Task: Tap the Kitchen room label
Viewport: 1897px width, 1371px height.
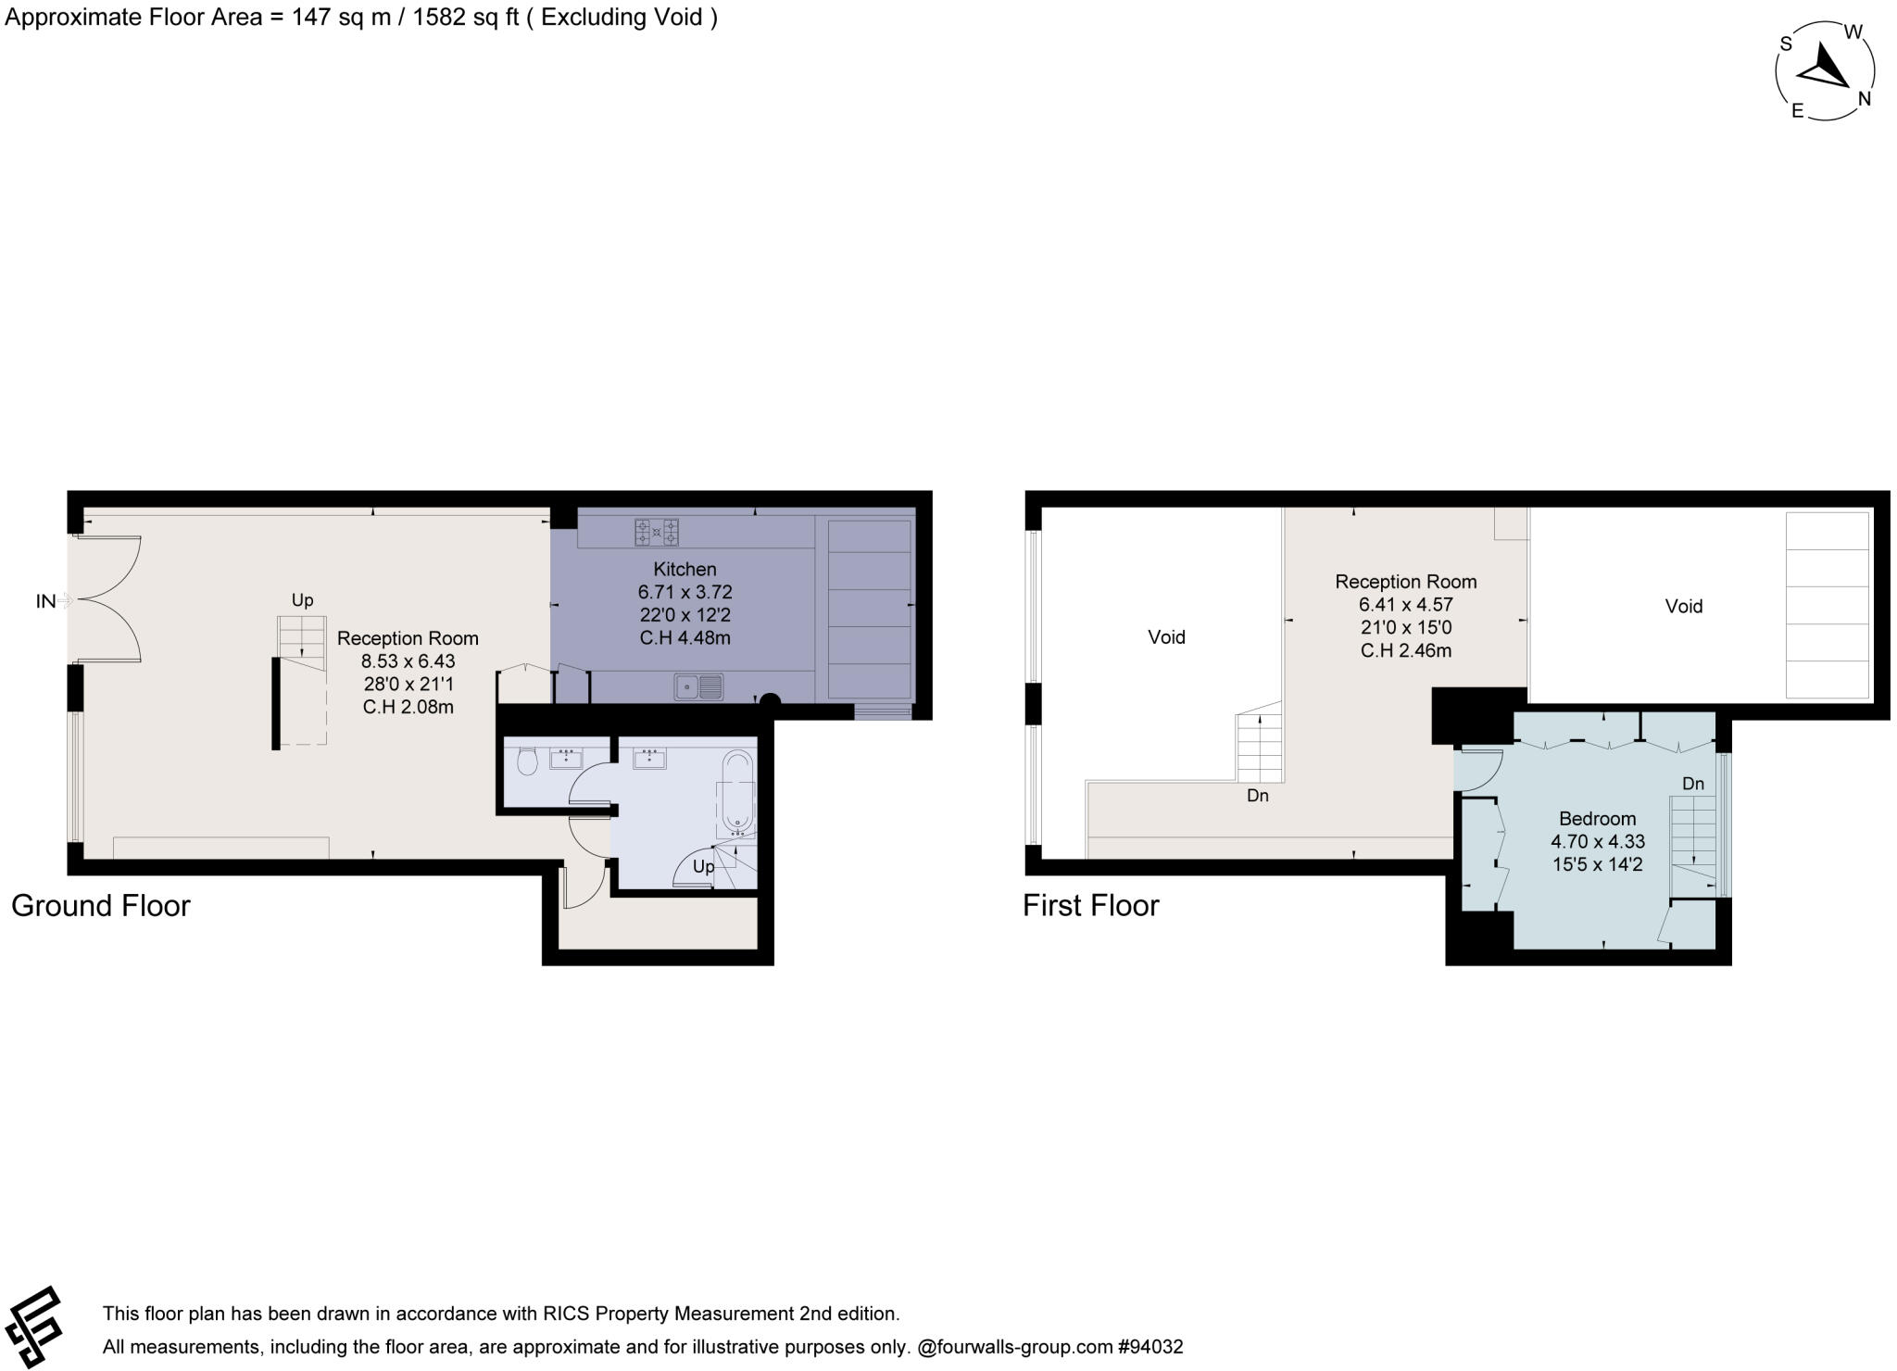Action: pyautogui.click(x=685, y=569)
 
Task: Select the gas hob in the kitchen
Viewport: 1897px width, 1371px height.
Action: pyautogui.click(x=656, y=533)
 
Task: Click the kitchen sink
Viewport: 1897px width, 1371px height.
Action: pyautogui.click(x=698, y=686)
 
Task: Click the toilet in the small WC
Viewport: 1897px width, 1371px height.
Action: pyautogui.click(x=527, y=761)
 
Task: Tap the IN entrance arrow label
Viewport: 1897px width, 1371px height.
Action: pyautogui.click(x=45, y=601)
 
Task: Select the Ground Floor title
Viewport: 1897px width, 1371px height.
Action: pyautogui.click(x=100, y=905)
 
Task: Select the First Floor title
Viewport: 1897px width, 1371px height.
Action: pyautogui.click(x=1090, y=905)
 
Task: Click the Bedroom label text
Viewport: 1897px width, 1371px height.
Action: pyautogui.click(x=1597, y=819)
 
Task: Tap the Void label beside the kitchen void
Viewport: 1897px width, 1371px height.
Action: pyautogui.click(x=1683, y=606)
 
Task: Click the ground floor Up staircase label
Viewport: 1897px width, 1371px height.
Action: pyautogui.click(x=302, y=600)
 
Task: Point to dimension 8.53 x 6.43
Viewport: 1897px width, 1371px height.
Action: pyautogui.click(x=408, y=661)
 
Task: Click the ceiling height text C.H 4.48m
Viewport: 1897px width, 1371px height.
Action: pyautogui.click(x=685, y=637)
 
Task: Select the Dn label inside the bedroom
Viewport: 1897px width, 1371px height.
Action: pyautogui.click(x=1692, y=784)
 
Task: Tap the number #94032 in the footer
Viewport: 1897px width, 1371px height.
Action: pyautogui.click(x=1150, y=1347)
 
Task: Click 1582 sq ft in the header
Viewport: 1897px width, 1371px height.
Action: pyautogui.click(x=465, y=18)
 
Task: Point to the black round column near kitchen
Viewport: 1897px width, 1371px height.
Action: pyautogui.click(x=770, y=701)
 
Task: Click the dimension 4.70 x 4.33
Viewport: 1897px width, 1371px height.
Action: pyautogui.click(x=1597, y=842)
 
